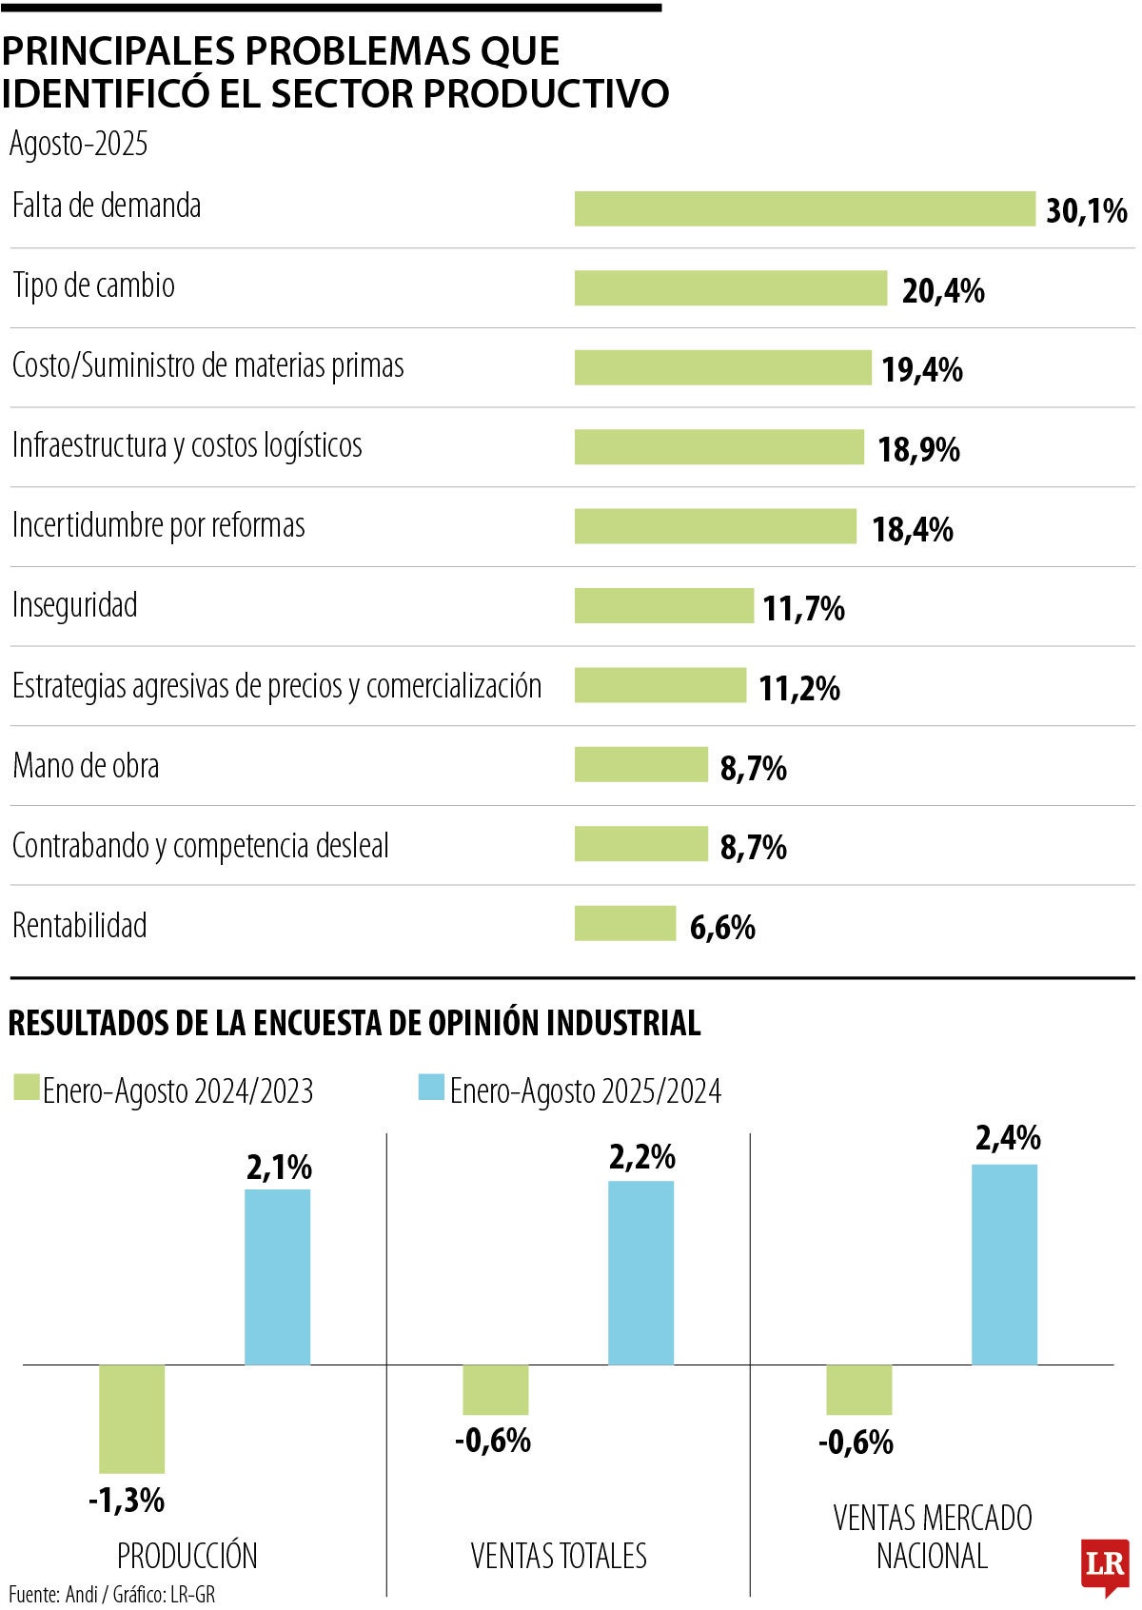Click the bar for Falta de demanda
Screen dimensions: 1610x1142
[x=804, y=208]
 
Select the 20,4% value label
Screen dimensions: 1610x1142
[x=942, y=290]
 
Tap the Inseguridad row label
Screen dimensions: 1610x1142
[x=74, y=605]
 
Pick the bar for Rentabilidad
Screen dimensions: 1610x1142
[x=624, y=923]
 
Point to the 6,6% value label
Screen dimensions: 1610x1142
[x=722, y=927]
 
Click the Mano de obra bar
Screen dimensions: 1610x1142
[x=640, y=764]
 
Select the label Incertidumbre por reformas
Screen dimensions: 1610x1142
[x=158, y=525]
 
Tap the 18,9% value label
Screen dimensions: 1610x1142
[x=918, y=449]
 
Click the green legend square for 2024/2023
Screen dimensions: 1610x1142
[x=27, y=1088]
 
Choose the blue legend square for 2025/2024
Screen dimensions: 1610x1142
[x=431, y=1088]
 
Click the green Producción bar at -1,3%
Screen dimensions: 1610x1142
[x=131, y=1418]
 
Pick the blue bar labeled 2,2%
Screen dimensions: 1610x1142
[x=640, y=1272]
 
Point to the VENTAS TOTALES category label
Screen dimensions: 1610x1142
[x=559, y=1556]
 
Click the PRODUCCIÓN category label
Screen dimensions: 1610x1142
[x=187, y=1556]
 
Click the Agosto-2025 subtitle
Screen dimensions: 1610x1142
[x=78, y=144]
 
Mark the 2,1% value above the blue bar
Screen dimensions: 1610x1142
[x=279, y=1167]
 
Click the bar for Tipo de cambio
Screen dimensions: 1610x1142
[x=730, y=288]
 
